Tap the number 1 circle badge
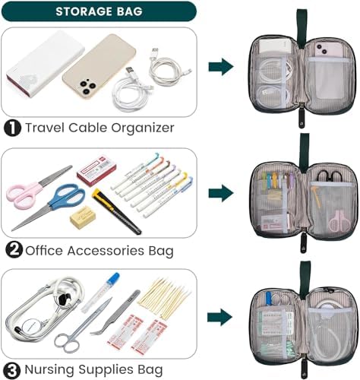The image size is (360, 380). coord(14,128)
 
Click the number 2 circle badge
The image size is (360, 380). coord(14,249)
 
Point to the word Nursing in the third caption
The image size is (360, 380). coord(55,370)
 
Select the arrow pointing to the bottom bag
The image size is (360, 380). coord(220,316)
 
